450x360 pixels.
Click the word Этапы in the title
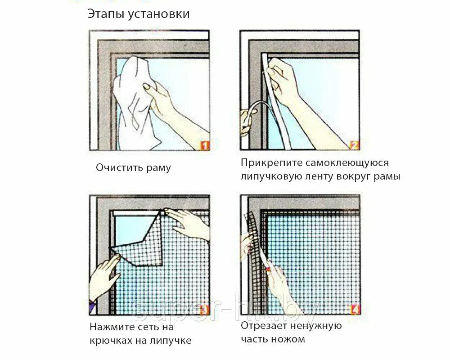click(x=106, y=14)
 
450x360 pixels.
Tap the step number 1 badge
click(x=205, y=145)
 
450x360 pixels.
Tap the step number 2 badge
click(x=355, y=145)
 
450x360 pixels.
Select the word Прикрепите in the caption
click(x=271, y=163)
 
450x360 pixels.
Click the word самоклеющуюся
click(x=347, y=163)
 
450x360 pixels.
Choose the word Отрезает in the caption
click(x=264, y=326)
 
